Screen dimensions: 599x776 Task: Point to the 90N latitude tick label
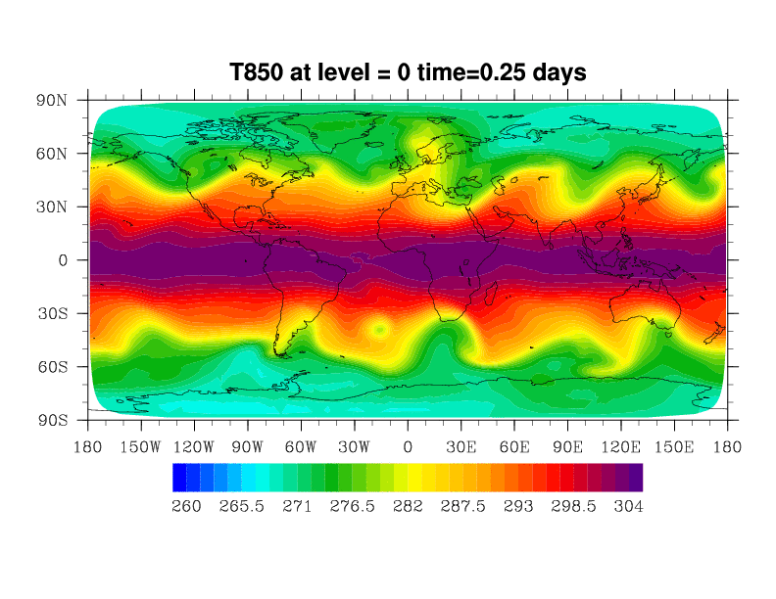click(51, 101)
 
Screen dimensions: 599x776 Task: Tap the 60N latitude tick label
click(51, 154)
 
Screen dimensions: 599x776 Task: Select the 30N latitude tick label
click(51, 207)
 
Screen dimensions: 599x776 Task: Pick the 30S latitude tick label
click(51, 314)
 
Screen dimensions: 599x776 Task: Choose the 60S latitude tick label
click(51, 367)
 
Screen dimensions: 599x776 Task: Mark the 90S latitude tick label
click(51, 420)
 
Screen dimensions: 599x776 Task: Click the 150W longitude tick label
click(141, 446)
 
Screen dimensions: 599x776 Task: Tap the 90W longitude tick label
click(248, 446)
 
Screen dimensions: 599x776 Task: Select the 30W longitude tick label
click(355, 446)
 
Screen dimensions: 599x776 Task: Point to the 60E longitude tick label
click(514, 446)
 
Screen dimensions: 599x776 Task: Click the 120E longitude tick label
click(620, 446)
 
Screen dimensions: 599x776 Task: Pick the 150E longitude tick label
click(674, 446)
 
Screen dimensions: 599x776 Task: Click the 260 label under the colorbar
click(186, 506)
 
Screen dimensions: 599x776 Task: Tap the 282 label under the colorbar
click(408, 506)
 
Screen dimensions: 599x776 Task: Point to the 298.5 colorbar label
click(573, 506)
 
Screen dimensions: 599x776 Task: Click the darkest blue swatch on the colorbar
click(179, 477)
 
